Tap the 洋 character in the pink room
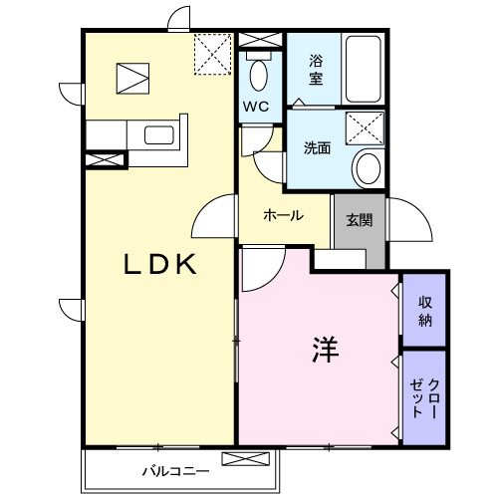click(327, 350)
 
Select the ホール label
click(283, 215)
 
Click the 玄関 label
click(360, 220)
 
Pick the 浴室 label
click(315, 68)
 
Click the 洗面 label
click(317, 148)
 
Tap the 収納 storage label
click(425, 310)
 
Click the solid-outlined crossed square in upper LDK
click(132, 76)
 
